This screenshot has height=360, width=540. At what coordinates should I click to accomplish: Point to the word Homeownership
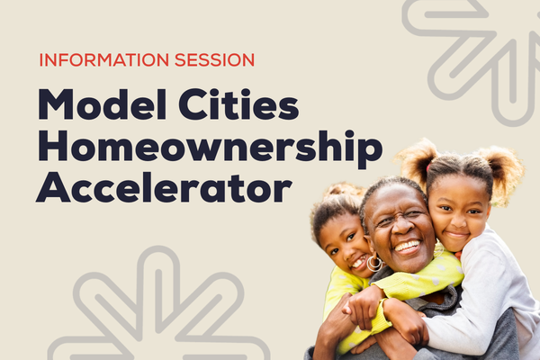(x=210, y=148)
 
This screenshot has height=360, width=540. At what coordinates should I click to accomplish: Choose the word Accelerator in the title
(x=164, y=188)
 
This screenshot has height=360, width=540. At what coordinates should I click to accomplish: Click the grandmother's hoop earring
(x=373, y=262)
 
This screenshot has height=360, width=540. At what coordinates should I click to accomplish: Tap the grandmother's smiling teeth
(x=408, y=246)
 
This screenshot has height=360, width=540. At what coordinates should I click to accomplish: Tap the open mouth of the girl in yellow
(x=358, y=263)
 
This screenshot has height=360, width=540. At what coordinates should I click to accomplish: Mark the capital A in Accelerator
(x=53, y=188)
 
